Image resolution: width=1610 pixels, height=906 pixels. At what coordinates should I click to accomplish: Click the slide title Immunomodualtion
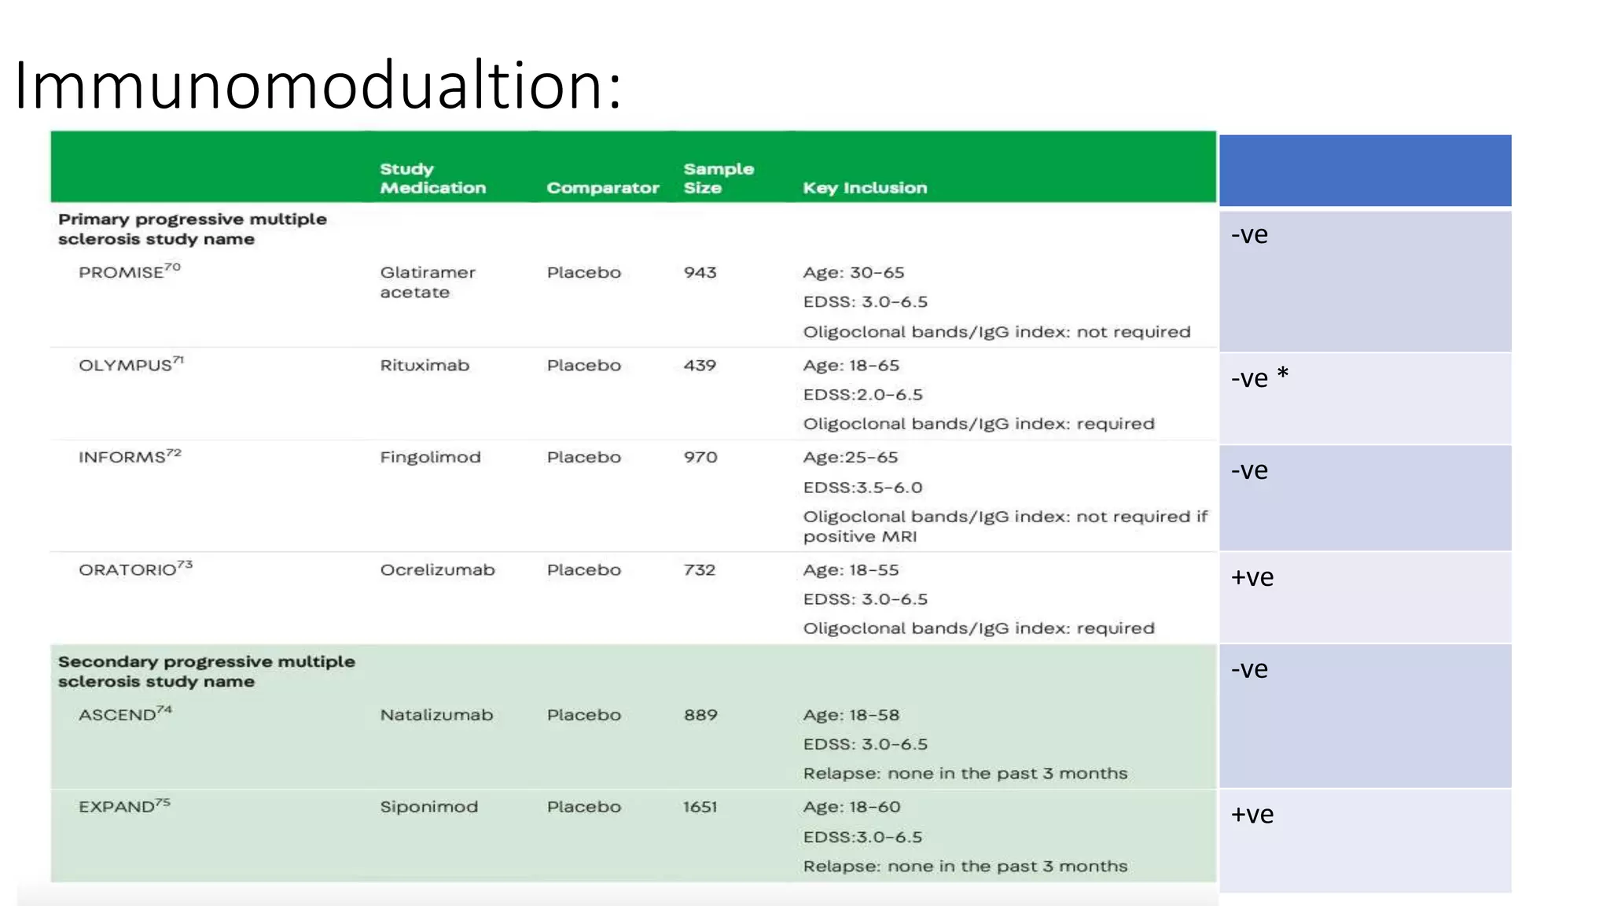coord(318,85)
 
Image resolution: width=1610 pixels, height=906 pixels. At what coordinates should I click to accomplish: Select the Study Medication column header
coord(432,179)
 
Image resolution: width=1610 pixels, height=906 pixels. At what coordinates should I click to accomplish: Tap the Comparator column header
coord(602,188)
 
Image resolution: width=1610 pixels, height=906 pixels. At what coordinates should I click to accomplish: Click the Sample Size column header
coord(718,179)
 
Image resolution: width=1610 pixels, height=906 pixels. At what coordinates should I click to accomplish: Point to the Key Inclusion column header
coord(865,188)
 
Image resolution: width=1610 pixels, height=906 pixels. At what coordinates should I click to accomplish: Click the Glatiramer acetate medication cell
coord(427,282)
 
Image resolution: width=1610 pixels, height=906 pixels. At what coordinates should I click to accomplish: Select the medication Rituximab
coord(425,365)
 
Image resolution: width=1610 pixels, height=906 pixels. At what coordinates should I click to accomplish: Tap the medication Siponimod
coord(428,807)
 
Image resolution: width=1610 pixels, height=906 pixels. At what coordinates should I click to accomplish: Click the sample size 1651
coord(700,807)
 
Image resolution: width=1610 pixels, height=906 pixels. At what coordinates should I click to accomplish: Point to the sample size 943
coord(700,273)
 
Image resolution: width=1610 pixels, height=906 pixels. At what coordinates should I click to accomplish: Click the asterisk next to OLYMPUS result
coord(1282,374)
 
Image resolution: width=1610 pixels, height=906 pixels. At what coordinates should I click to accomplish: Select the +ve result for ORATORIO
coord(1252,578)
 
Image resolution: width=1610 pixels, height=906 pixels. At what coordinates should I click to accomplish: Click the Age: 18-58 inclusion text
coord(851,715)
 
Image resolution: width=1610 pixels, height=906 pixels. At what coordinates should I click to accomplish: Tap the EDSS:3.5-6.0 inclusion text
coord(862,488)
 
